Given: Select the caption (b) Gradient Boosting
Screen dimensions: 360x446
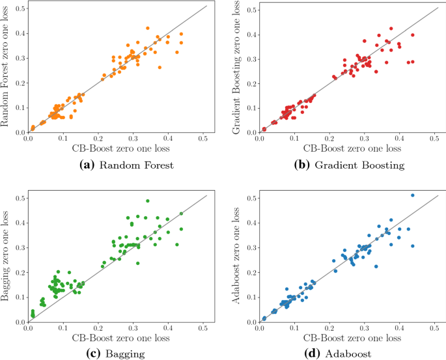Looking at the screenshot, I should [x=350, y=165].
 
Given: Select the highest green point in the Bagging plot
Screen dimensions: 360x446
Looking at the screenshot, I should [x=148, y=201].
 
